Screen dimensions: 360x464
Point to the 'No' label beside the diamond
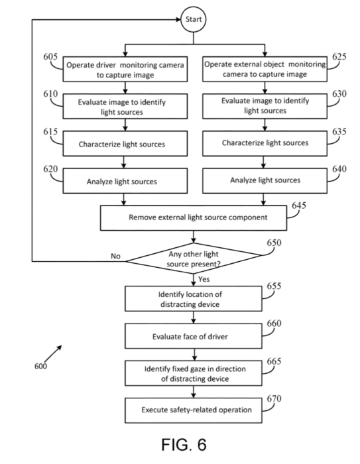(115, 256)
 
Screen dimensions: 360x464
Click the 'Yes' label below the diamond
(204, 279)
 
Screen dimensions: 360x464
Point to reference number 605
(50, 56)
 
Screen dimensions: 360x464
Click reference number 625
(339, 56)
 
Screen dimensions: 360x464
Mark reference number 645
(299, 205)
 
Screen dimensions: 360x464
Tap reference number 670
(274, 398)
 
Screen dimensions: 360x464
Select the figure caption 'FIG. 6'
(184, 445)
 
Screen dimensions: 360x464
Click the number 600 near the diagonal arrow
(40, 367)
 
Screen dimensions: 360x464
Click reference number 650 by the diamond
(274, 243)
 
